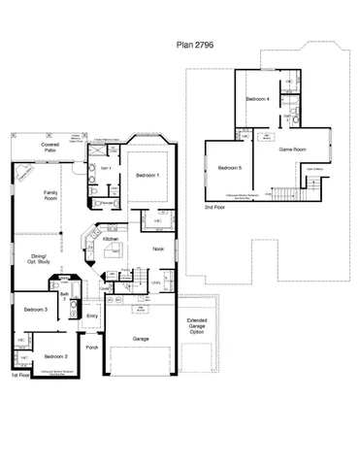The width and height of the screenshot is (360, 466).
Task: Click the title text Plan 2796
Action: [195, 44]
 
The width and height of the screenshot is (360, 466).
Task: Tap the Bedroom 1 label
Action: [147, 175]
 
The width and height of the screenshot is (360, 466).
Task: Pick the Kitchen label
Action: [111, 238]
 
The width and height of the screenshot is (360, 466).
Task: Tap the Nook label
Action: [157, 250]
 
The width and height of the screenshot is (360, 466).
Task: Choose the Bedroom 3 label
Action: [36, 309]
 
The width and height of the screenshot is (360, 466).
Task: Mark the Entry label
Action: [92, 316]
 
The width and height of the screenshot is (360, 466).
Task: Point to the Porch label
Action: [92, 348]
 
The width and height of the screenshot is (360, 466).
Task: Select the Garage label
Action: [142, 339]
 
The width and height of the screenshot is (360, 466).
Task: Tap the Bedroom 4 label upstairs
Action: [256, 100]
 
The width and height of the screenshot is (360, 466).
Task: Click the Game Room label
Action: [292, 150]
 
